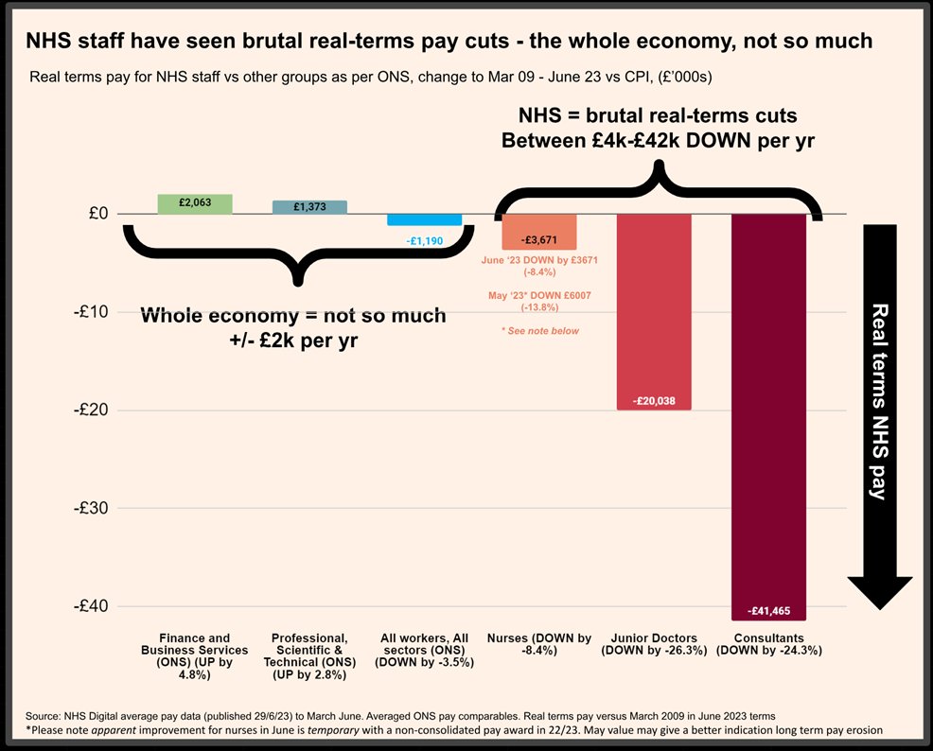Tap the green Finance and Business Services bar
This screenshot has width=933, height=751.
(x=195, y=203)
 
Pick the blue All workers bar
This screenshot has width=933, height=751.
(x=425, y=219)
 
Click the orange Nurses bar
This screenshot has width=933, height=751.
(x=539, y=232)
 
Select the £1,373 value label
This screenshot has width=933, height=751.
(x=310, y=207)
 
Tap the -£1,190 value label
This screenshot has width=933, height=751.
(x=425, y=241)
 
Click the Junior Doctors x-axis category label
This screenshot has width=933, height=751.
(x=654, y=644)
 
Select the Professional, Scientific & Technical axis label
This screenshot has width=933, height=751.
(x=309, y=656)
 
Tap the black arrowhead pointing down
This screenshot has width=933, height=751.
(x=879, y=591)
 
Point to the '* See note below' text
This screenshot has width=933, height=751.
(x=539, y=331)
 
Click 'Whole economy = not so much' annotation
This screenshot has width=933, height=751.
(x=292, y=316)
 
